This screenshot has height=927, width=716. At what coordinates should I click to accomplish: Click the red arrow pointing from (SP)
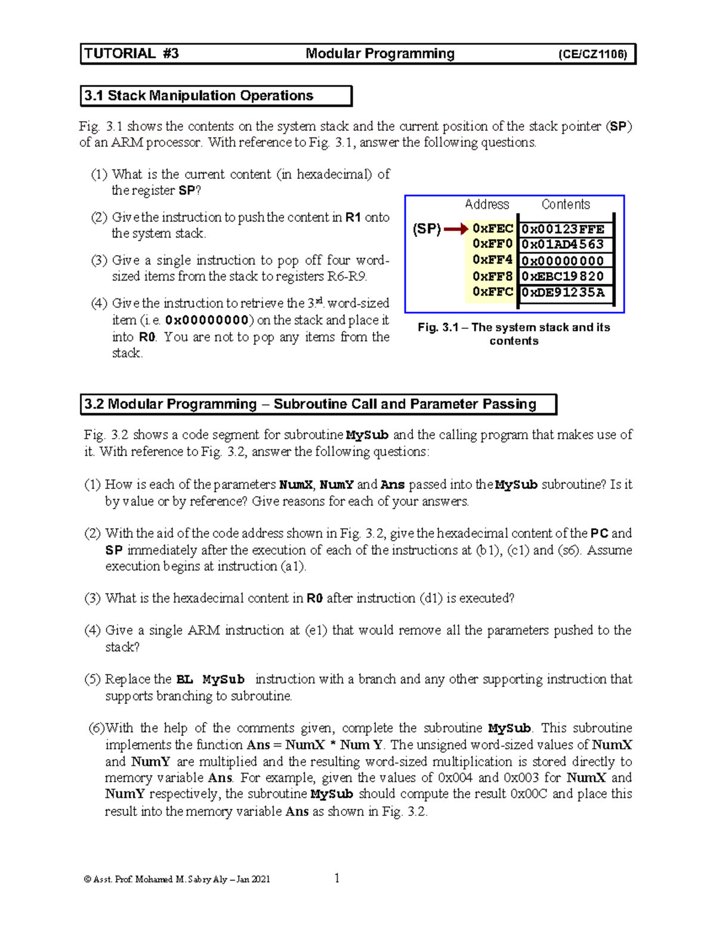click(456, 229)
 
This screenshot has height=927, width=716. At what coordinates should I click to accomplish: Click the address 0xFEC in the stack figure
click(492, 229)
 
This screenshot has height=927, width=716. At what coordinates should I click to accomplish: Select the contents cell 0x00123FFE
click(563, 229)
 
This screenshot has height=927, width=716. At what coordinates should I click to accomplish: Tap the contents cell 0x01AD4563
click(563, 244)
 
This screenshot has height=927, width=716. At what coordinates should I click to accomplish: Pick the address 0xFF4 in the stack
click(492, 260)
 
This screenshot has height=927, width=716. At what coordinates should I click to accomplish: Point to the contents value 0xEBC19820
click(563, 276)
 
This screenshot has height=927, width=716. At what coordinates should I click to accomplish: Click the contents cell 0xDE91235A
click(563, 292)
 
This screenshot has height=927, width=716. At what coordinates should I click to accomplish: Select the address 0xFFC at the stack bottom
click(492, 292)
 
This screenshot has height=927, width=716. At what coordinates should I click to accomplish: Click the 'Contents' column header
click(565, 204)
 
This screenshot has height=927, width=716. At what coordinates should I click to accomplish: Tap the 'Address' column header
click(487, 204)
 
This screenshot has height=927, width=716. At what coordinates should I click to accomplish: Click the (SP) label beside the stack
click(427, 229)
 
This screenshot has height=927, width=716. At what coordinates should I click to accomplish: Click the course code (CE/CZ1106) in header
click(592, 54)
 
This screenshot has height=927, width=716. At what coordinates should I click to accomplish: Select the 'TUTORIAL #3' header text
click(131, 54)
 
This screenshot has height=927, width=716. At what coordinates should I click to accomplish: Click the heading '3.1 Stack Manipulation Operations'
click(199, 96)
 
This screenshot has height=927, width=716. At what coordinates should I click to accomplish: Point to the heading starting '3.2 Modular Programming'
click(310, 404)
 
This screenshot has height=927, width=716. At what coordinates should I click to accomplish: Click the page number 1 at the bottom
click(337, 877)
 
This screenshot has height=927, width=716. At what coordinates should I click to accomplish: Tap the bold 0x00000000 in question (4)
click(206, 320)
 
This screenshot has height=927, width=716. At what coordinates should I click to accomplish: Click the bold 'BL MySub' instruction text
click(211, 679)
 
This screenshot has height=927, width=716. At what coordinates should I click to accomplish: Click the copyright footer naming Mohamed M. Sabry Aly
click(177, 879)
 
